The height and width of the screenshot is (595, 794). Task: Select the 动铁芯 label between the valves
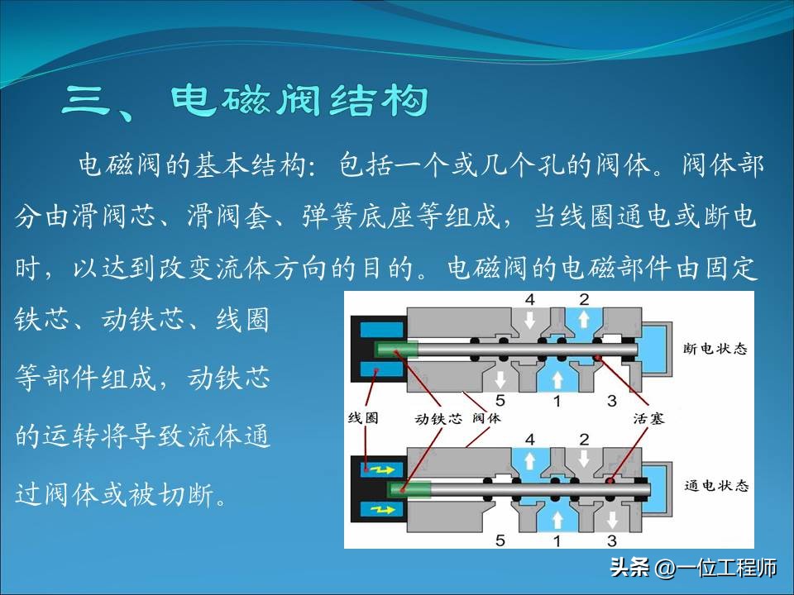(x=438, y=418)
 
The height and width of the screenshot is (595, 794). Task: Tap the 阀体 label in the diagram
(x=486, y=418)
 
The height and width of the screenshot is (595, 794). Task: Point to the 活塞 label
(x=647, y=418)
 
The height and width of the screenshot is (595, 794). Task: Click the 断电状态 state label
(x=716, y=349)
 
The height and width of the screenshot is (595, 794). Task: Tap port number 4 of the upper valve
(x=529, y=299)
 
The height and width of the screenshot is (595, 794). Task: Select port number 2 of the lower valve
(x=583, y=438)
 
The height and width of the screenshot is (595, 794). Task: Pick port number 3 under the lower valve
(x=612, y=541)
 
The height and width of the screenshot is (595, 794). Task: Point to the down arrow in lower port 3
(x=612, y=519)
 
